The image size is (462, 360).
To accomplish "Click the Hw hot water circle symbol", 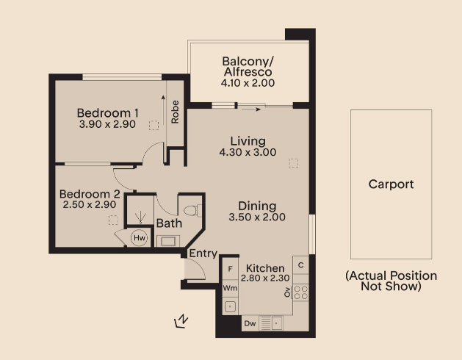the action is point(139,238).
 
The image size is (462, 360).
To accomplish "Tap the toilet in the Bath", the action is point(192,211).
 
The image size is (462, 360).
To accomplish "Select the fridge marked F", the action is point(230,269).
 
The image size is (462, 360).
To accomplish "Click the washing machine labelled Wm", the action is point(230,288).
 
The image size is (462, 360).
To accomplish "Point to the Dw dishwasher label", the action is point(250,323).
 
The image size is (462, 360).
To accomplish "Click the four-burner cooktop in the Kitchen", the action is point(301,292).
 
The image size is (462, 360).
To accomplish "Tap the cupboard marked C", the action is point(301,265).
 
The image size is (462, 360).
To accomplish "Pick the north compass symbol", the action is point(181,321).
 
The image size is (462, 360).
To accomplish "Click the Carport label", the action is point(391,184).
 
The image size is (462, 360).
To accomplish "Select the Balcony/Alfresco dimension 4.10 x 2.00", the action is point(248,83).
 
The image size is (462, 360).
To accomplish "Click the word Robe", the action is point(175,112).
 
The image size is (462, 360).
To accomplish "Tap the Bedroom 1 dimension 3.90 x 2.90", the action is point(107,124).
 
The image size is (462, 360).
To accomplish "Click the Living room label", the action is point(248,141).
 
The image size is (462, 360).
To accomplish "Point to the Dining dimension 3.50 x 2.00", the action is point(257,217).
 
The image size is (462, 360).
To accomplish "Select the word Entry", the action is point(203,253).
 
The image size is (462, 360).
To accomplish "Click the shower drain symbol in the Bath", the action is point(140,217).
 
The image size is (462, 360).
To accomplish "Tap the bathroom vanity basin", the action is point(168,241).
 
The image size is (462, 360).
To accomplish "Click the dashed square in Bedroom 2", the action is point(113,220).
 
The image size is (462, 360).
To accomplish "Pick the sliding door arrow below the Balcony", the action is point(251,109).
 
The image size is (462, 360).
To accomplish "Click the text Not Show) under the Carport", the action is point(391,287).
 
